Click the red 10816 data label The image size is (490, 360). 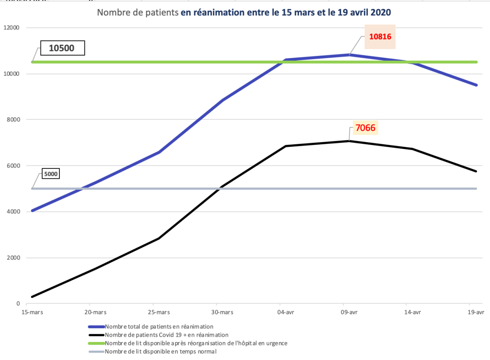[380, 37]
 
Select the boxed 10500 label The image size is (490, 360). [62, 48]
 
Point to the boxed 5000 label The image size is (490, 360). [50, 174]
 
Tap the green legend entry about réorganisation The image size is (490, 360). [196, 343]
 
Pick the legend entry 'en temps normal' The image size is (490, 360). [160, 351]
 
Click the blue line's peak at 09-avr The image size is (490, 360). [349, 55]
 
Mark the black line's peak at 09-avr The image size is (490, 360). [349, 141]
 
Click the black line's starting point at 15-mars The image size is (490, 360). [32, 297]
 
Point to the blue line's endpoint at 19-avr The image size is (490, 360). [476, 85]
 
